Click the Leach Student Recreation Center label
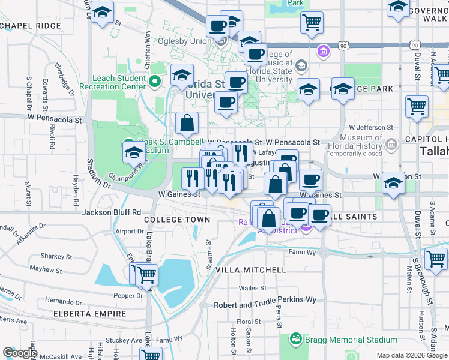pos(119,83)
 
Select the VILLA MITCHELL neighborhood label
pos(250,270)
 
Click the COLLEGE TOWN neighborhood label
pos(177,220)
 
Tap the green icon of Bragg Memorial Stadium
pos(295,339)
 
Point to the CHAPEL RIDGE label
pos(31,26)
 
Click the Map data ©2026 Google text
pos(412,355)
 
